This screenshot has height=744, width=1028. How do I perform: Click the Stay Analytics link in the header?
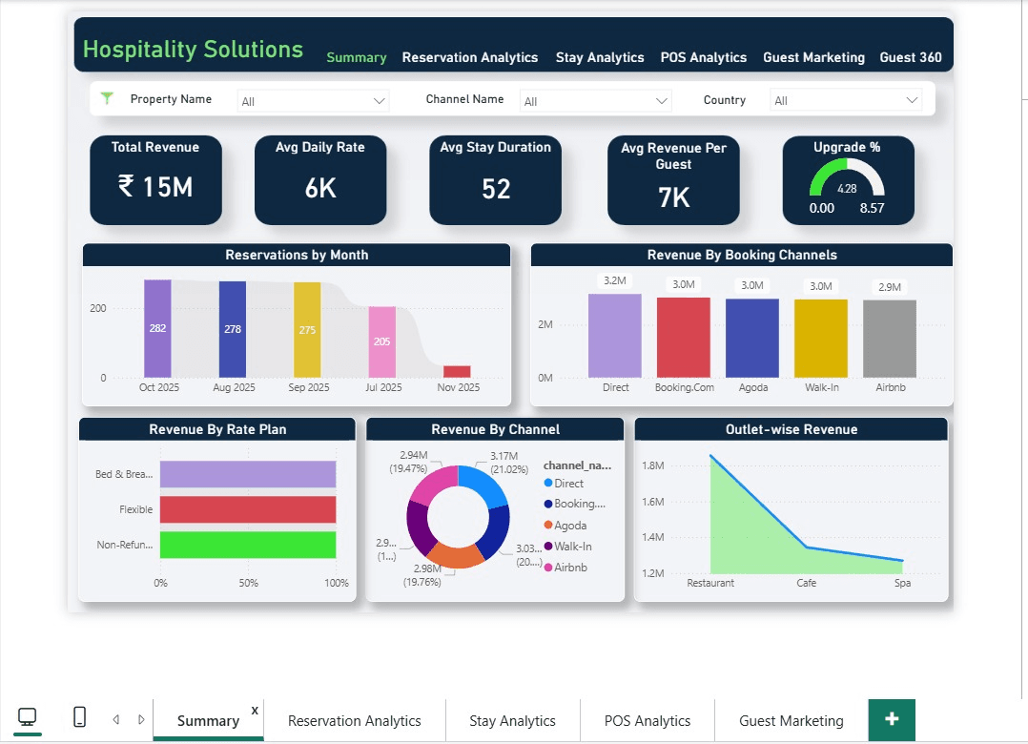(x=600, y=57)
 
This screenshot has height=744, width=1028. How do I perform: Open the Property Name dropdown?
(x=314, y=101)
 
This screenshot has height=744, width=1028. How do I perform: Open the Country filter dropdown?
(x=846, y=101)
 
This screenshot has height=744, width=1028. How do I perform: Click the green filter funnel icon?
(x=107, y=98)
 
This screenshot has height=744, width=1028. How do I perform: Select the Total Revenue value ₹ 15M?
(x=155, y=187)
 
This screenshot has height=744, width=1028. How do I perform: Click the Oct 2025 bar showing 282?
(x=157, y=328)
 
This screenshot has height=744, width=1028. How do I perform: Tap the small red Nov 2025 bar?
(x=457, y=372)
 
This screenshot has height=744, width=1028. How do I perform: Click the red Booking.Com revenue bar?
(x=684, y=338)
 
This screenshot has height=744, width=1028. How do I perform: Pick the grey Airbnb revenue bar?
(x=890, y=339)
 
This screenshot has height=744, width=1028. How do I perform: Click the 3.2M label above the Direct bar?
(x=614, y=280)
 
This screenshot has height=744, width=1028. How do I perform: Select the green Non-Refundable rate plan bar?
(x=248, y=545)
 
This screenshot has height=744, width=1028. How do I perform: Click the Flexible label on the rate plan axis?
(x=135, y=509)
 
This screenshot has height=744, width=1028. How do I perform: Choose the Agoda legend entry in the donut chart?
(x=570, y=526)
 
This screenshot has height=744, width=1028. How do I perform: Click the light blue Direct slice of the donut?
(x=485, y=487)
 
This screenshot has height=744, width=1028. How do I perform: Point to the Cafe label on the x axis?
(x=806, y=583)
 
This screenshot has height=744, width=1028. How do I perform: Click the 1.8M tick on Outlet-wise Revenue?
(x=652, y=465)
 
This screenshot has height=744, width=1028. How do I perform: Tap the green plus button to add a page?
(x=892, y=719)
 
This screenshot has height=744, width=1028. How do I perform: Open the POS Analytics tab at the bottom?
(x=648, y=721)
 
